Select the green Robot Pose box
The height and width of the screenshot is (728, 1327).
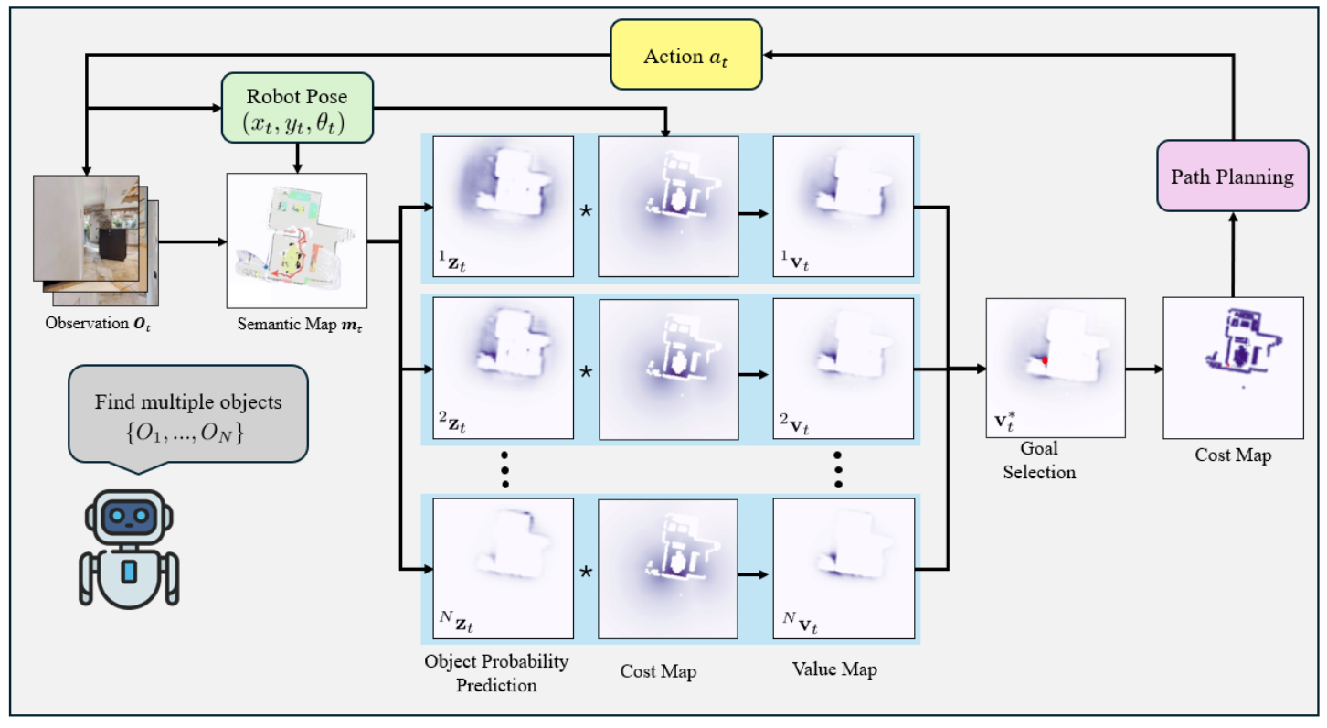[298, 108]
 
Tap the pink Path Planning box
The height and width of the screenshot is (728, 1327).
[1232, 177]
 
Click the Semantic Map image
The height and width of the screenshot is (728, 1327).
[296, 239]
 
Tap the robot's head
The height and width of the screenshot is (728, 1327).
[127, 518]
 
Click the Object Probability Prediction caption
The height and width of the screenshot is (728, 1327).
[497, 671]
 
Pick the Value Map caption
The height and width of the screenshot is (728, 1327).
[834, 670]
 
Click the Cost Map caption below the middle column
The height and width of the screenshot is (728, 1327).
[658, 672]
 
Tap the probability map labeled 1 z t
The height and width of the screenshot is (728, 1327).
[503, 206]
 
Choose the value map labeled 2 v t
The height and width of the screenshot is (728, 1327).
[843, 368]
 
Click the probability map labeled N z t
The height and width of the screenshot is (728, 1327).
[503, 567]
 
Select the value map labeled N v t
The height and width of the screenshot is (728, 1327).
[843, 567]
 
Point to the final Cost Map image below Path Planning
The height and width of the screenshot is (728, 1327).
[1233, 368]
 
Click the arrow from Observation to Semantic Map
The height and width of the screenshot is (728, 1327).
[193, 242]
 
